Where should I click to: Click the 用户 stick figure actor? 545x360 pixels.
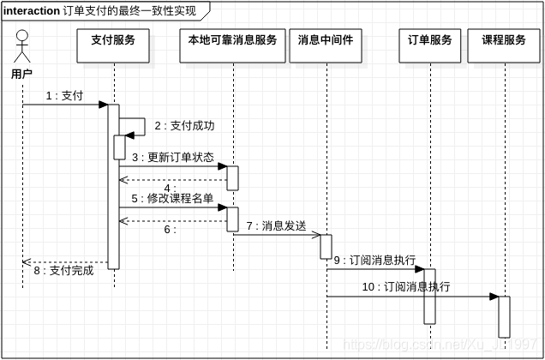[x=22, y=50]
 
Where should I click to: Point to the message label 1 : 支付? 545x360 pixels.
[x=64, y=96]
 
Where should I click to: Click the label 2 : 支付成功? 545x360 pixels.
[x=184, y=126]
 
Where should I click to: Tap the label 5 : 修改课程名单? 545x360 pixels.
[x=172, y=198]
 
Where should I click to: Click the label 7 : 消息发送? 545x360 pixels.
[x=276, y=226]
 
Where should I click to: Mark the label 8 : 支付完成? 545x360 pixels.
[x=63, y=271]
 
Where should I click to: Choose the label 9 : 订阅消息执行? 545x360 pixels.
[x=374, y=260]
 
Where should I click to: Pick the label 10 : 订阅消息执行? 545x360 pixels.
[x=405, y=287]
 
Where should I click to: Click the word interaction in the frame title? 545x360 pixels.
[x=32, y=11]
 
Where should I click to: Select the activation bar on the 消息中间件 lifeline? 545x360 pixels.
[x=326, y=247]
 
